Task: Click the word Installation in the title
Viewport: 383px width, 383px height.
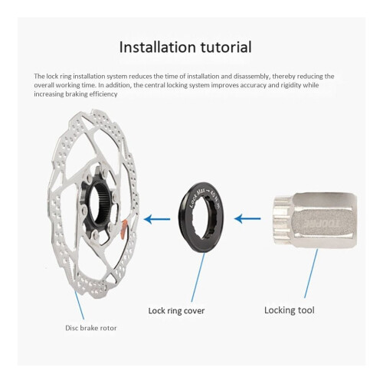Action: [x=158, y=47]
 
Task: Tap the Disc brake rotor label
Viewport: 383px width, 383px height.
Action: [x=91, y=328]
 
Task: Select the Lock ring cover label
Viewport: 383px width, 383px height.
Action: [x=176, y=311]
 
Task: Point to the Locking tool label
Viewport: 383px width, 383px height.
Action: [x=290, y=310]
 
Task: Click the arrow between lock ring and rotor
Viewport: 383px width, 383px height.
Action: [x=157, y=219]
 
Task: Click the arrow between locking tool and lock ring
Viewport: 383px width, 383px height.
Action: [x=247, y=219]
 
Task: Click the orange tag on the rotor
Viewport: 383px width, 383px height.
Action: [x=123, y=229]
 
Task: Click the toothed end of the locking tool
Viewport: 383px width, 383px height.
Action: [x=283, y=221]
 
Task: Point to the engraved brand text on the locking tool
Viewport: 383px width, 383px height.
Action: [x=323, y=224]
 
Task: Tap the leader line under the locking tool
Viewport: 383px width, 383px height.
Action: [x=311, y=273]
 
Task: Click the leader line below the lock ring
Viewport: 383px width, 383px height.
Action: [x=198, y=277]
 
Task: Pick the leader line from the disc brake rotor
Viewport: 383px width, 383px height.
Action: [x=79, y=305]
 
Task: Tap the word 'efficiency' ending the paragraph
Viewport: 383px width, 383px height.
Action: [x=103, y=94]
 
